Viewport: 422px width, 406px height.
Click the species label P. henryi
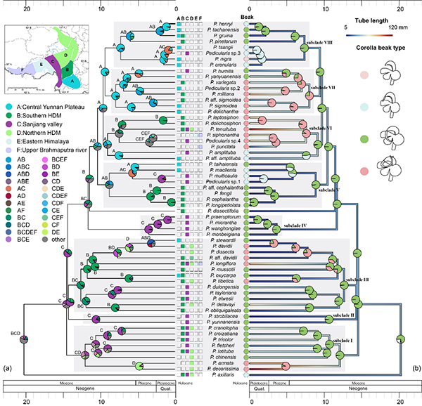218,24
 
